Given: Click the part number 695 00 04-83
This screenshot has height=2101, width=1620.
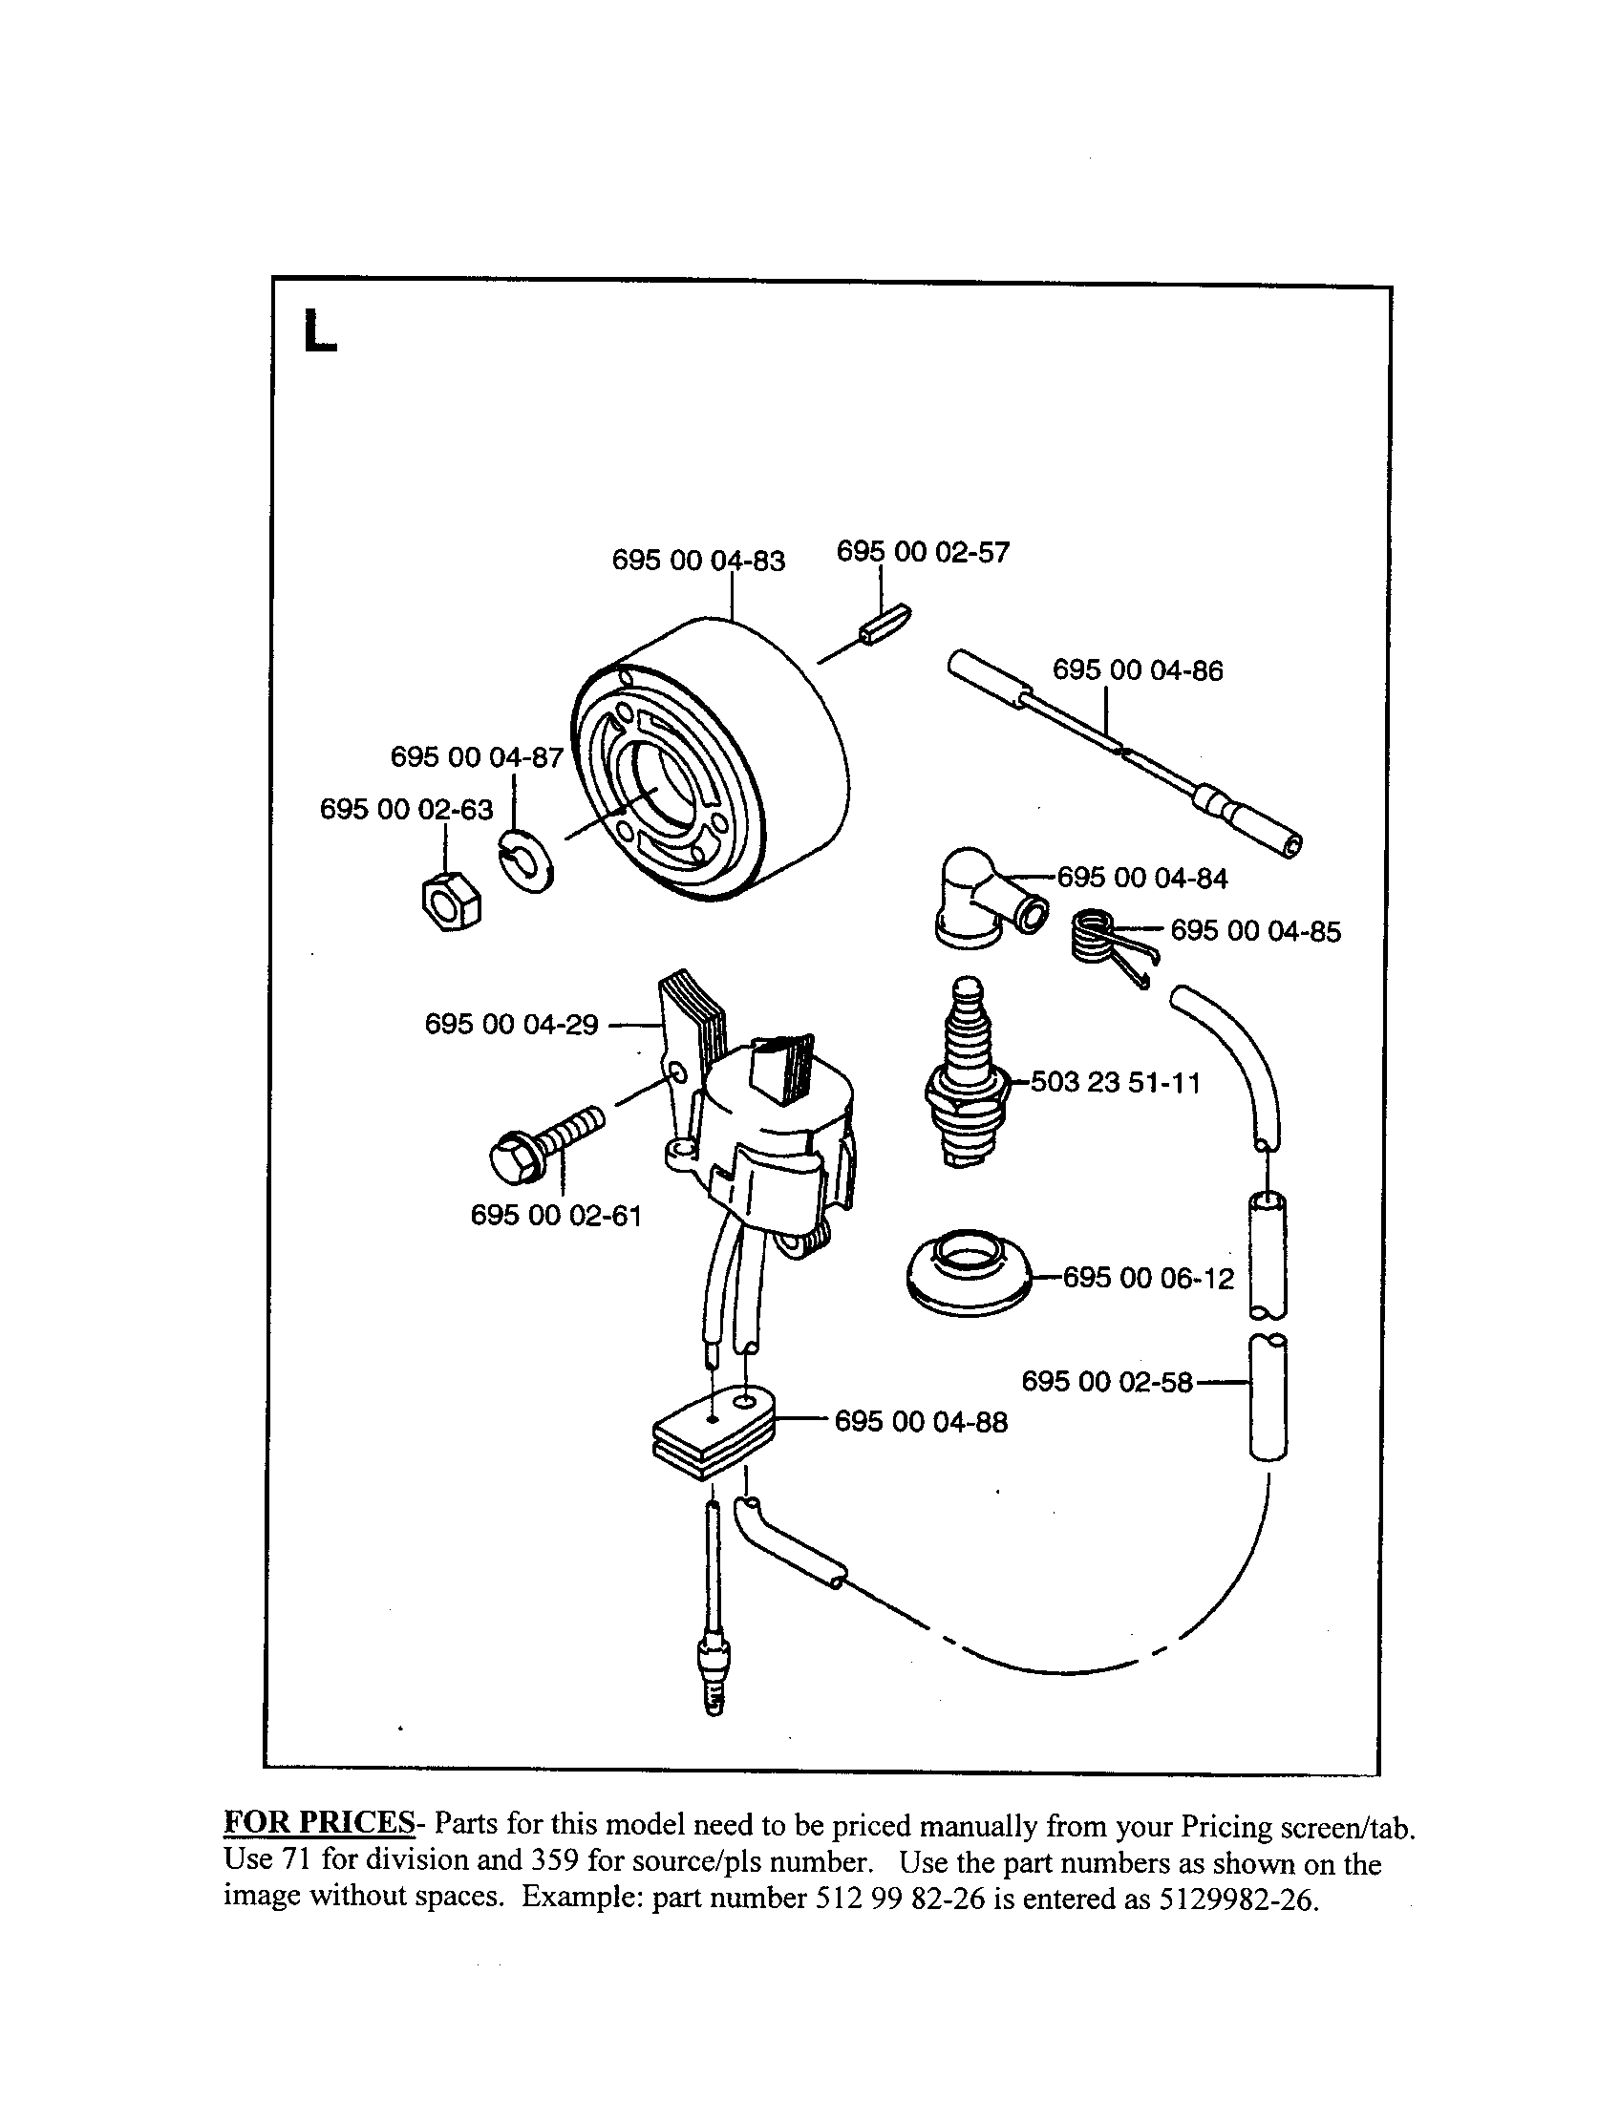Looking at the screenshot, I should coord(698,560).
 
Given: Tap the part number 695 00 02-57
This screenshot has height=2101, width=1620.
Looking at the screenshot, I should coord(924,552).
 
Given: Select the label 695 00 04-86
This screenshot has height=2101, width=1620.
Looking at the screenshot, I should coord(1137,670).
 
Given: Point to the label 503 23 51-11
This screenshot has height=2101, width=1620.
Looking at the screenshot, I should coord(1115,1083).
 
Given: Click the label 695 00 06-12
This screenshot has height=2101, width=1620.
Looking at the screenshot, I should coord(1148,1279).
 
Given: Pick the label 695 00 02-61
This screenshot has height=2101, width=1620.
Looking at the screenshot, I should coord(555,1216).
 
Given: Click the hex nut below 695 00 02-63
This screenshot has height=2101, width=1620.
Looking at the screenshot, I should coord(450,901).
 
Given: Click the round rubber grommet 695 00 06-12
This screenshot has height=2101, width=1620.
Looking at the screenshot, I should coord(968,1274).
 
